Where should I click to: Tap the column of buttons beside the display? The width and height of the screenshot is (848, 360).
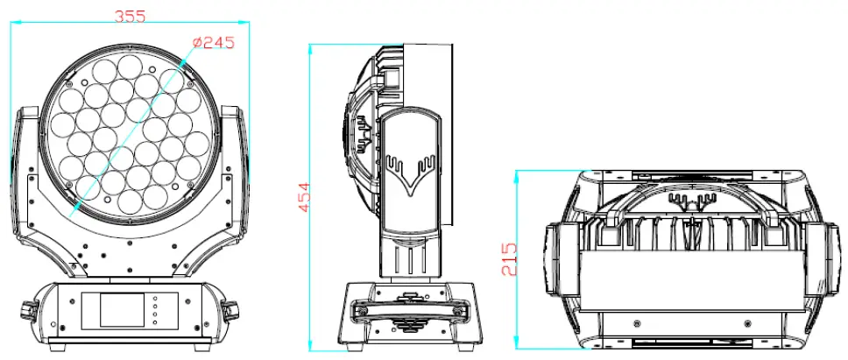(x=155, y=311)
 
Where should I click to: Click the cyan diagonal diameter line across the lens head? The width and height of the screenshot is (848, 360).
(x=131, y=131)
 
